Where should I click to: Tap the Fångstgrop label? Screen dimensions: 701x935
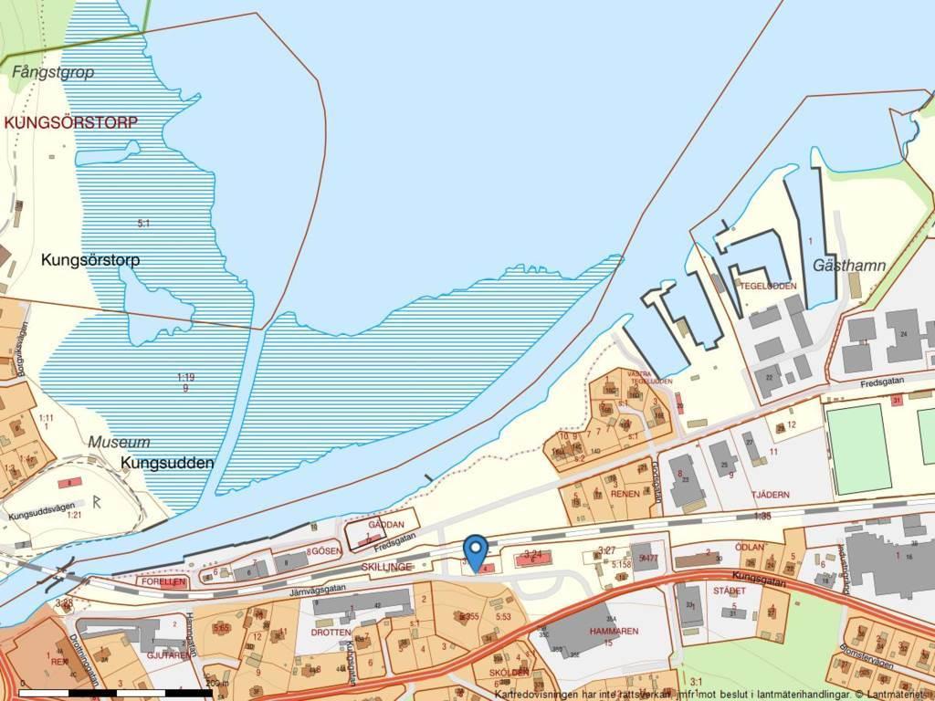pyautogui.click(x=53, y=72)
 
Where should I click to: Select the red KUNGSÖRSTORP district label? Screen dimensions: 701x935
pyautogui.click(x=70, y=121)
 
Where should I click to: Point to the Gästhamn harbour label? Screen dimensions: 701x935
pyautogui.click(x=849, y=266)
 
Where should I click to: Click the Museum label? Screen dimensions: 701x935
pyautogui.click(x=119, y=442)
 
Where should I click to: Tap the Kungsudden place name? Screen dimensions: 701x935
pyautogui.click(x=167, y=463)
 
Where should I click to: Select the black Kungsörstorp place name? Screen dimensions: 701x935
pyautogui.click(x=90, y=260)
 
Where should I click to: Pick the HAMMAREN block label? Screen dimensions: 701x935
pyautogui.click(x=613, y=631)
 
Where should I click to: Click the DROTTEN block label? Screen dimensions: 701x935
pyautogui.click(x=331, y=632)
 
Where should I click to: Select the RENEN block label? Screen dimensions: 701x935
pyautogui.click(x=625, y=494)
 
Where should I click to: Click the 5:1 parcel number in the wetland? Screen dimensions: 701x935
pyautogui.click(x=143, y=223)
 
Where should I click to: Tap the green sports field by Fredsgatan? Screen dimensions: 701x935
pyautogui.click(x=857, y=448)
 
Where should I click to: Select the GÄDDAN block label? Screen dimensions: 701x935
pyautogui.click(x=385, y=525)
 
